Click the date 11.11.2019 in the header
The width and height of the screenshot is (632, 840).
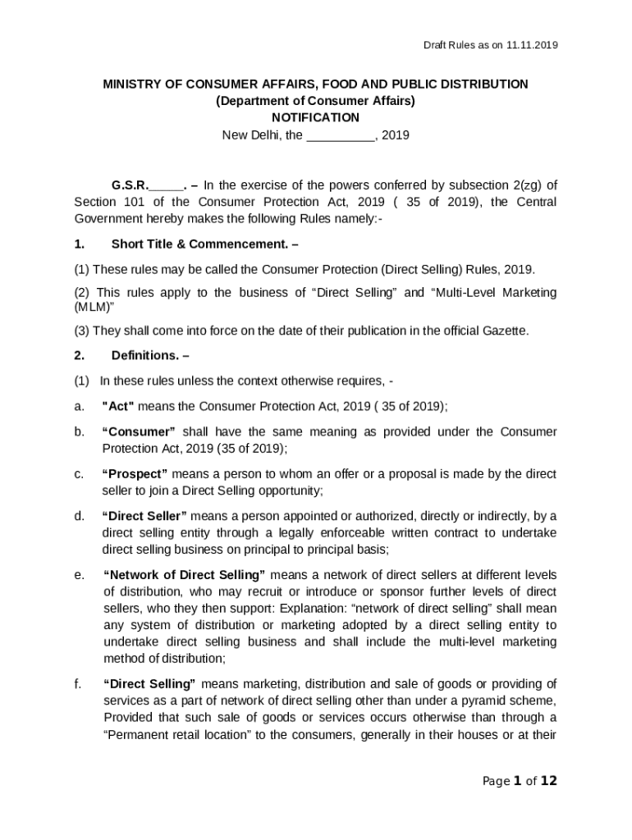(x=532, y=45)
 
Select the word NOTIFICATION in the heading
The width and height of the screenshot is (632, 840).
(x=315, y=117)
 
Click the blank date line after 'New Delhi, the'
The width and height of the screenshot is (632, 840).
(x=340, y=135)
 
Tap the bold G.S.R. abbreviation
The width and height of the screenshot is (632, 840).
(x=130, y=185)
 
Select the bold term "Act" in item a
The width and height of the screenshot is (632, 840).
(x=118, y=405)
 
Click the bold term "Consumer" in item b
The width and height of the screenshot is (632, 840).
(x=139, y=431)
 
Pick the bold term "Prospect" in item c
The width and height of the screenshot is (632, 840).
(x=135, y=473)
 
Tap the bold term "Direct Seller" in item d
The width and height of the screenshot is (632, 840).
(x=144, y=516)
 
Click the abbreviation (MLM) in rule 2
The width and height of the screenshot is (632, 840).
(x=94, y=306)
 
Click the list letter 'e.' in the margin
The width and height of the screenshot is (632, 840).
(x=79, y=574)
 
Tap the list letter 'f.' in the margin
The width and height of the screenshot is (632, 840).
(x=78, y=683)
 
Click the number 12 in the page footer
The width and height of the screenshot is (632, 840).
(x=548, y=781)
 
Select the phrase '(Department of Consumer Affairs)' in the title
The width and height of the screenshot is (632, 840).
(x=315, y=101)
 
